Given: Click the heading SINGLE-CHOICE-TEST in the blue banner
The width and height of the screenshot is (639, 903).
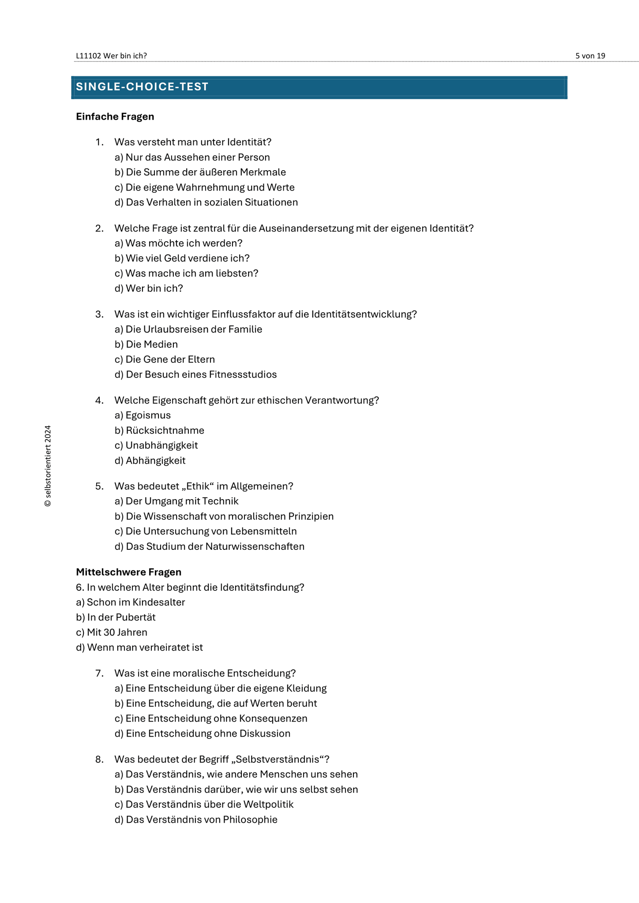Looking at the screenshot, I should [142, 87].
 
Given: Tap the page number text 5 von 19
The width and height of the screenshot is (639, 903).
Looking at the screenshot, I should [590, 56].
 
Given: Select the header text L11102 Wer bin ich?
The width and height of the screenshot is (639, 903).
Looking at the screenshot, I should [111, 56].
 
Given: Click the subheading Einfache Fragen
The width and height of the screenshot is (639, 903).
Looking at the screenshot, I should [115, 116].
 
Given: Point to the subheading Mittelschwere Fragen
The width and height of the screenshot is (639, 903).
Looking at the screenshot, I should [128, 572].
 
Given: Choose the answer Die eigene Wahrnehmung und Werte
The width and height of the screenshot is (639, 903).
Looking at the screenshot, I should [205, 187].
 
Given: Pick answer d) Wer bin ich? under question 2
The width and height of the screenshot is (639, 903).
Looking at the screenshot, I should [149, 288].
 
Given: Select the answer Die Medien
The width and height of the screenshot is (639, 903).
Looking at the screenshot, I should [146, 344].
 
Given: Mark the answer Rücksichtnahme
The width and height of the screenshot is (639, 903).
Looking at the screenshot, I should [159, 430].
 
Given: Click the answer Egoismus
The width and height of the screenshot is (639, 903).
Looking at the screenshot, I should [143, 415].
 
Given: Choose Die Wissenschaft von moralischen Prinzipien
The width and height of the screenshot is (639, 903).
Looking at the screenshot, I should [224, 516].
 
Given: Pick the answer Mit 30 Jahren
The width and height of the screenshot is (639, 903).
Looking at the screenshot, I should [112, 632].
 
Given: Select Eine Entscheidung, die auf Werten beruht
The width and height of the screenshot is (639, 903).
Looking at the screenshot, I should [216, 703].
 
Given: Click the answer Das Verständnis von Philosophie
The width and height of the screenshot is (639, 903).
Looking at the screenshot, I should [196, 820].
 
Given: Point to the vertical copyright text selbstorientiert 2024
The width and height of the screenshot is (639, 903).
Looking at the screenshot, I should [48, 466].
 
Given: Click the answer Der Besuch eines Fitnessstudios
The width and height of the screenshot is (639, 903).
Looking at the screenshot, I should [195, 375].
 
